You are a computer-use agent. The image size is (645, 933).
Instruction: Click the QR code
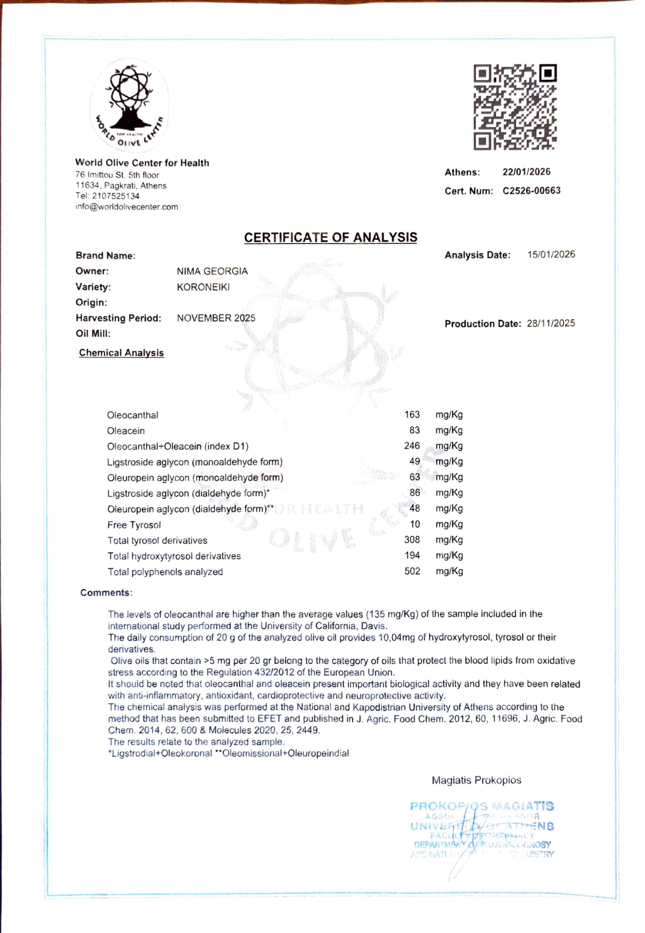coord(515,107)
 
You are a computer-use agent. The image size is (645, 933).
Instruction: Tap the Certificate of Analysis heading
coord(330,237)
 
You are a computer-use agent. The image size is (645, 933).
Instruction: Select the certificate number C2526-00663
coord(531,190)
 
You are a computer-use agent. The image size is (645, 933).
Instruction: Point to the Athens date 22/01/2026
coord(526,172)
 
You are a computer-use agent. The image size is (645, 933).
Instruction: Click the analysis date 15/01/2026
coord(551,254)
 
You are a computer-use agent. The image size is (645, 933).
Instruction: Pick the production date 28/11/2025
coord(551,323)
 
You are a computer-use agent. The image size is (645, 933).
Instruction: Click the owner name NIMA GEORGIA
coord(212,271)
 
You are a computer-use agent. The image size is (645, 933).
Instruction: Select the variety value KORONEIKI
coord(203,287)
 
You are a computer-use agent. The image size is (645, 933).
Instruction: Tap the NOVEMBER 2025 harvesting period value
coord(216,318)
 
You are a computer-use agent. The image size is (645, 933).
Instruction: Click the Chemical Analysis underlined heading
coord(121,353)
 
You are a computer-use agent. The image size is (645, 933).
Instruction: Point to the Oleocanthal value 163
coord(412,415)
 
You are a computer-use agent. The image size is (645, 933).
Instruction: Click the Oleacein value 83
coord(414,430)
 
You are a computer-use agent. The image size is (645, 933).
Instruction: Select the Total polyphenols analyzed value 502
coord(412,571)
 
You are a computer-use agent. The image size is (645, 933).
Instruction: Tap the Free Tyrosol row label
coord(134,525)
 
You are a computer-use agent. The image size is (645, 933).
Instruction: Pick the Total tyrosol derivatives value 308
coord(412,539)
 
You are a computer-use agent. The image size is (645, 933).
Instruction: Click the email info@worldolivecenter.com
coord(126,207)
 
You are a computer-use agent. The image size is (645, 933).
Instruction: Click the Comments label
coord(106,592)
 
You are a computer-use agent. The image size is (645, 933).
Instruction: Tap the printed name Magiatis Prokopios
coord(476,780)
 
